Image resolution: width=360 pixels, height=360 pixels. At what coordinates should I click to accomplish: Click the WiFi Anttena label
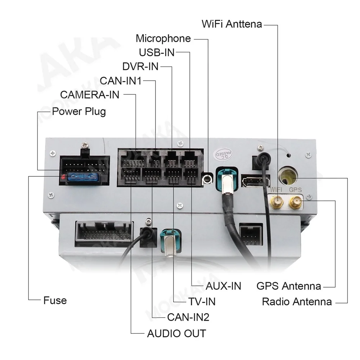(231, 24)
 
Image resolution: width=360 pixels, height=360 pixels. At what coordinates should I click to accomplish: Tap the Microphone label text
(163, 39)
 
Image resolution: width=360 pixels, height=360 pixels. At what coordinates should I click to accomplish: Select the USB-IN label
(157, 53)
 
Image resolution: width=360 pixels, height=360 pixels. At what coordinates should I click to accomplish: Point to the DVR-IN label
(140, 67)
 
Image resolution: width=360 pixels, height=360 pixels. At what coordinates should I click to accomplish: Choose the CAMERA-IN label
(90, 95)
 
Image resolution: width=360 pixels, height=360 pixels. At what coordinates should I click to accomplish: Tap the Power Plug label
(79, 111)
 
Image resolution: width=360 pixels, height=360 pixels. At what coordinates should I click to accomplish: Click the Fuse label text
(55, 300)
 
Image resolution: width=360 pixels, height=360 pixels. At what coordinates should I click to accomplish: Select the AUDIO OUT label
(176, 333)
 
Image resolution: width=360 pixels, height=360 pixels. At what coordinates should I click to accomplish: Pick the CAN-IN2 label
(188, 317)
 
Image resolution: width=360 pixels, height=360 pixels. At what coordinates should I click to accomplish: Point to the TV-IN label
(202, 301)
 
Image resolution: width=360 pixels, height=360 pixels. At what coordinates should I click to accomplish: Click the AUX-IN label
(223, 286)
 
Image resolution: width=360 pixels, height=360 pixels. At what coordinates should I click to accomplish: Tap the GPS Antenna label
(289, 286)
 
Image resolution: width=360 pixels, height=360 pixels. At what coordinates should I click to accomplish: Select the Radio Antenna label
(297, 301)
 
